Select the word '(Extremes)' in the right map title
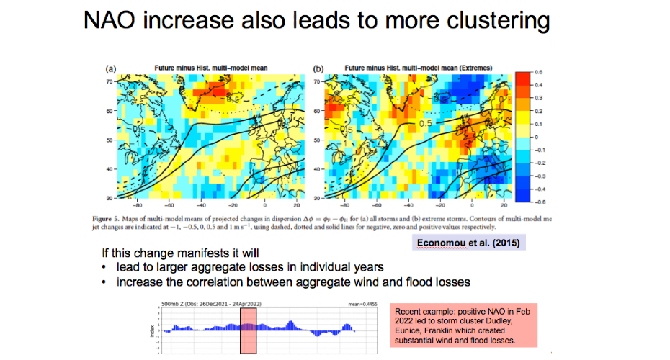471,68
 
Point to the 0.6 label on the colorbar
538,72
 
